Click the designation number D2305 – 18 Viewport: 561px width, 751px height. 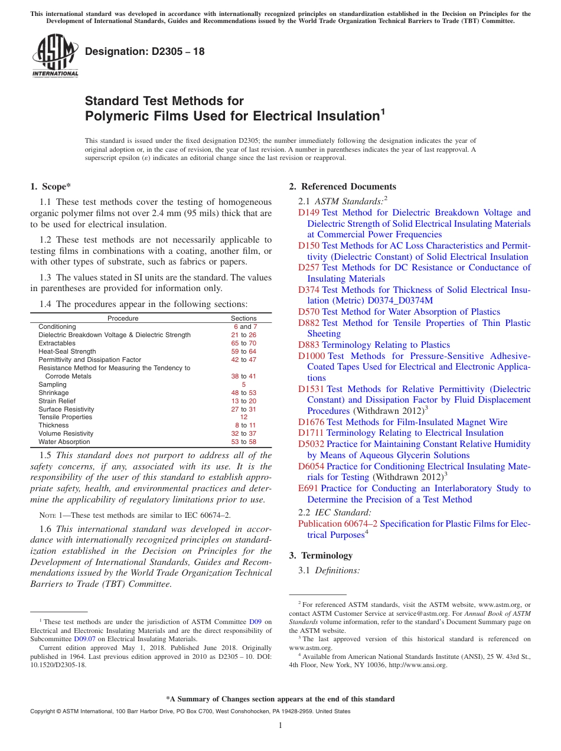click(x=145, y=51)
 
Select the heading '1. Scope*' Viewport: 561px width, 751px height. click(x=50, y=187)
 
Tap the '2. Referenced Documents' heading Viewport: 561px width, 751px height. click(x=343, y=187)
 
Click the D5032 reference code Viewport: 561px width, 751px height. click(x=311, y=444)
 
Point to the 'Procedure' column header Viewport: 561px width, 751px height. click(x=123, y=318)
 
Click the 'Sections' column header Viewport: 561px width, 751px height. click(x=243, y=318)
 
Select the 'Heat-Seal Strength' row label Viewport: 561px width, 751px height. click(x=67, y=351)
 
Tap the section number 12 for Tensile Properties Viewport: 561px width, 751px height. click(x=243, y=417)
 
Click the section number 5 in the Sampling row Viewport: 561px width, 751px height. click(x=243, y=384)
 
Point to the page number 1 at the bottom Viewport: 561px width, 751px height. click(x=280, y=726)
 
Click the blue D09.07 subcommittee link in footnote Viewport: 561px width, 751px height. click(x=85, y=639)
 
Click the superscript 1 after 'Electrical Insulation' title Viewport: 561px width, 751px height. click(x=382, y=110)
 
